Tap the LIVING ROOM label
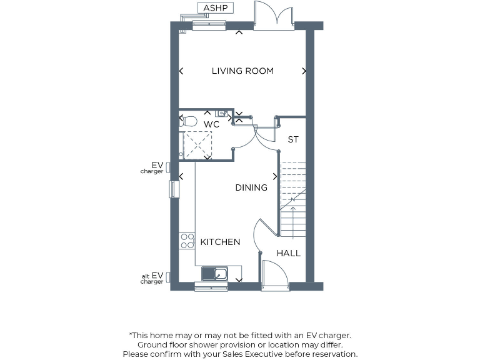(x=242, y=71)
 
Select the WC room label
(x=212, y=124)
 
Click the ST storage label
(x=293, y=139)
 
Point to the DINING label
(x=251, y=187)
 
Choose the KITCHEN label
(x=220, y=242)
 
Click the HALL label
(x=289, y=253)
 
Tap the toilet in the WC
(x=188, y=121)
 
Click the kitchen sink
(x=215, y=274)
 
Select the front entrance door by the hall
(x=274, y=277)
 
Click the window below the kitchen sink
(x=211, y=287)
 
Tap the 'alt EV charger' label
(x=152, y=278)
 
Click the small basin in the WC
(x=222, y=113)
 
